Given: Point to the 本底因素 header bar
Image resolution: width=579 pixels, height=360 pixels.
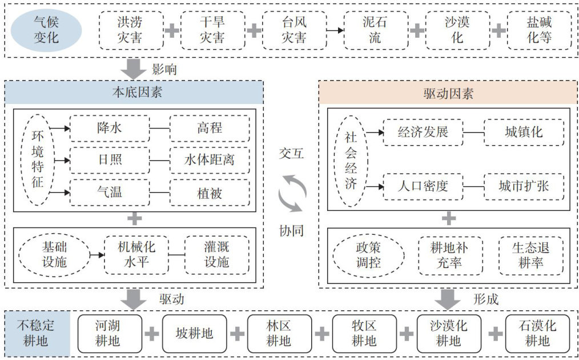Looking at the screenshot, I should point(134,92).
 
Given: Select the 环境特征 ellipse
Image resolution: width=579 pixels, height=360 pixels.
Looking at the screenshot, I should point(37,161).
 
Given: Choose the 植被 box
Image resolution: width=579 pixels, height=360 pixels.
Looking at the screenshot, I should point(210,193).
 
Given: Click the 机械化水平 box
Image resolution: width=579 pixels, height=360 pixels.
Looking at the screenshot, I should point(136,255).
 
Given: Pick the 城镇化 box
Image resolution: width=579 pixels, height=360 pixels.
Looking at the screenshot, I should point(524,132).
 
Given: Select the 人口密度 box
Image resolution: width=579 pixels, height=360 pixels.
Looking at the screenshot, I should point(423,186).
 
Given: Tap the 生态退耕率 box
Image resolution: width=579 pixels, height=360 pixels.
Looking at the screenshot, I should point(531,255).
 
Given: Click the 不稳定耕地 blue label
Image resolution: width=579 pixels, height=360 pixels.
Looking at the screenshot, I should point(37,334).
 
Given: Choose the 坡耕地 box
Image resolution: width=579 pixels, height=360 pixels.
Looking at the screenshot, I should point(195,333).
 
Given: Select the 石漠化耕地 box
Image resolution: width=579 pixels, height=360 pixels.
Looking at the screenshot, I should point(537,334).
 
